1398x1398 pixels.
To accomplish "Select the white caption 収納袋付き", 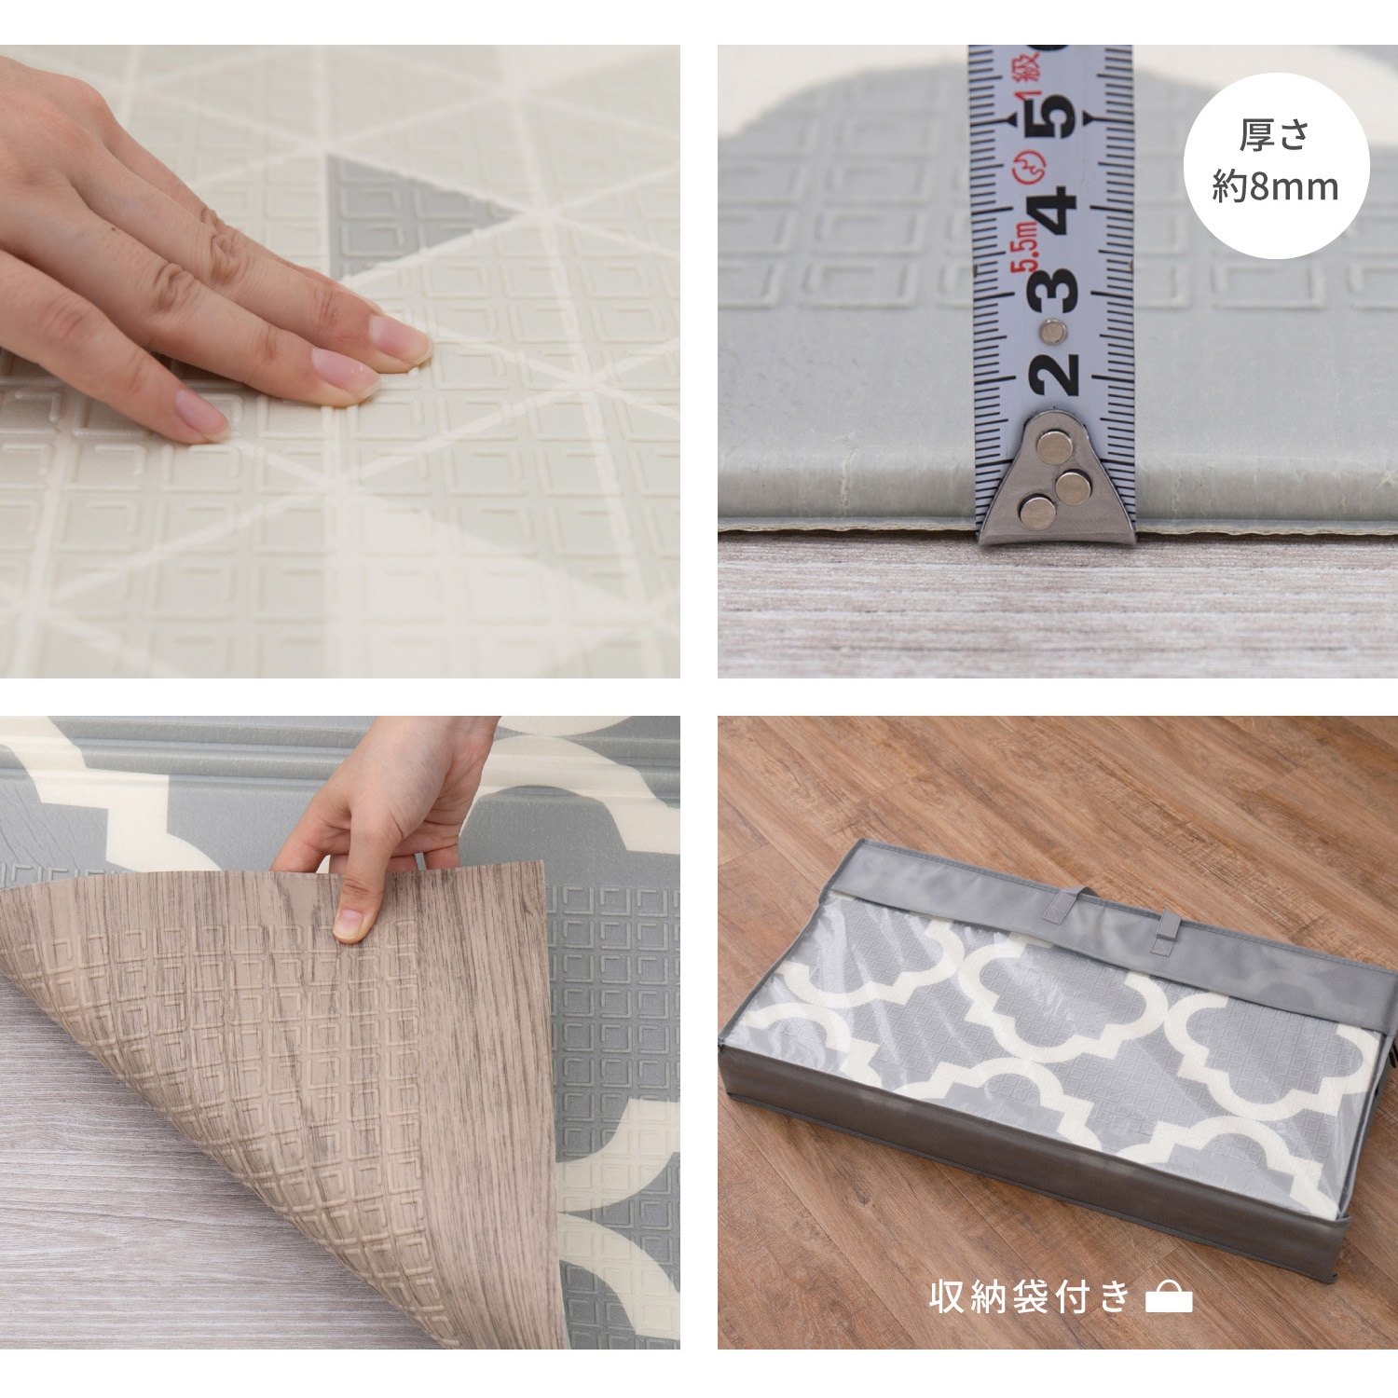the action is (1030, 1297).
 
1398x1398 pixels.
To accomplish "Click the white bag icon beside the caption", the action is (1169, 1298).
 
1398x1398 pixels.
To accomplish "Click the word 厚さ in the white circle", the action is (1275, 136).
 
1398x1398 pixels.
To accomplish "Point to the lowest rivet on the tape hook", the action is (1035, 510).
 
